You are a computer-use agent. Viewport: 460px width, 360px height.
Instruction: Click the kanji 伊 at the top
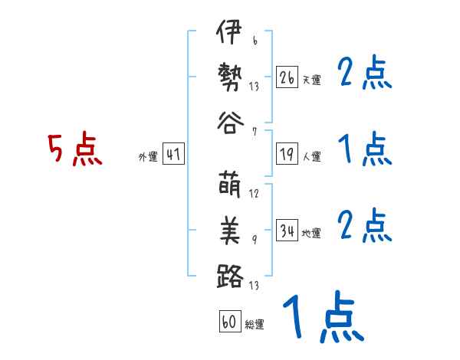coord(229,34)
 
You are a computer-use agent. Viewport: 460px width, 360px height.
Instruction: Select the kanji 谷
coord(229,122)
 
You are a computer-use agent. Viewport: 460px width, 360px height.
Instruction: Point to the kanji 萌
coord(229,186)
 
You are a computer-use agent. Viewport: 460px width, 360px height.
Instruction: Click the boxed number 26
coord(287,77)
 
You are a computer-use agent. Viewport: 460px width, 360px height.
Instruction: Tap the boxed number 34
coord(287,231)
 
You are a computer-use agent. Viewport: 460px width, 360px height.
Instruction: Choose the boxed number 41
coord(173,155)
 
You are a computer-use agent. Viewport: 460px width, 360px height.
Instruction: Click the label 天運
coord(312,80)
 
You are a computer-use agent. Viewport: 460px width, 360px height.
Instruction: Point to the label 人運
coord(312,157)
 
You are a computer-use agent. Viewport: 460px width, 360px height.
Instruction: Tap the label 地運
coord(312,233)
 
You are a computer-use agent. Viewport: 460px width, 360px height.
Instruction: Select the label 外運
coord(148,157)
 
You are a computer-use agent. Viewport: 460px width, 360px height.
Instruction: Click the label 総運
coord(254,324)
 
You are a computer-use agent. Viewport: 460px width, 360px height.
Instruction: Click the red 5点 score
coord(75,149)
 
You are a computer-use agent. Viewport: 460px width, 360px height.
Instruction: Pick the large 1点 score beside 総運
coord(321,318)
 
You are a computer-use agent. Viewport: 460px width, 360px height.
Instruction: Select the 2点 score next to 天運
coord(365,74)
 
